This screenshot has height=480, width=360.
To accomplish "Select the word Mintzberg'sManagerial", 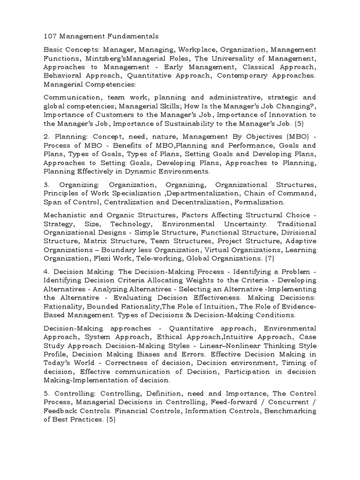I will pos(126,58).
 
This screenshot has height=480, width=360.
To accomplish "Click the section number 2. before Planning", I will pos(46,137).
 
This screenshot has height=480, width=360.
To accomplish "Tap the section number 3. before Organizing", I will pos(46,185).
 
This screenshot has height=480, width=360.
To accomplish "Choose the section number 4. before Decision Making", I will pos(46,272).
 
